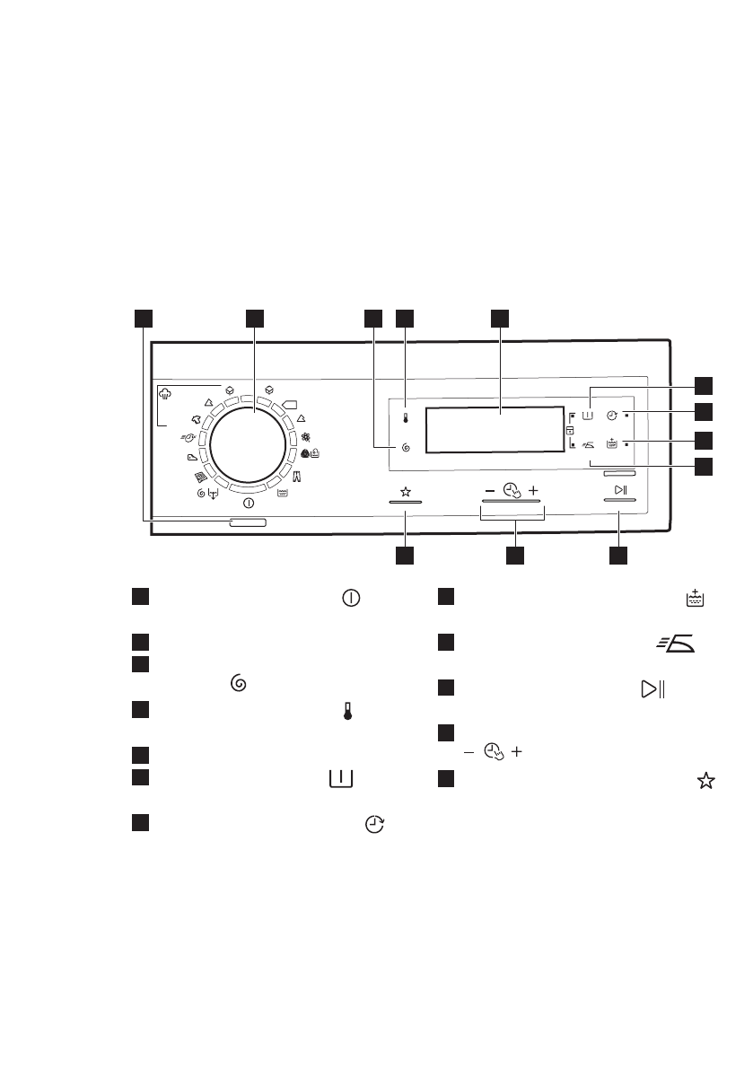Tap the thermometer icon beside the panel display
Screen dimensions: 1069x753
click(x=406, y=417)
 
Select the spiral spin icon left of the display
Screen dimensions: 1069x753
click(x=406, y=447)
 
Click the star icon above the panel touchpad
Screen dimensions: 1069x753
click(x=405, y=491)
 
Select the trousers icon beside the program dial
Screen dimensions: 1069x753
click(x=297, y=475)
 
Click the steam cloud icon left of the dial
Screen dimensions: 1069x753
click(x=165, y=393)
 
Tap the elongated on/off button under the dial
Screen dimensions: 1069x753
click(x=248, y=522)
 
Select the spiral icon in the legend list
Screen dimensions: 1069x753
click(x=239, y=683)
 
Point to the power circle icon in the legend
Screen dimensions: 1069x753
click(x=351, y=598)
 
